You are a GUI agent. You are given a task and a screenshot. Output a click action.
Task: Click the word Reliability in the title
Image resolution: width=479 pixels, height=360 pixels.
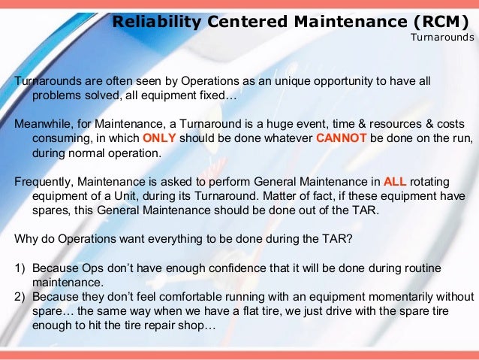(156, 22)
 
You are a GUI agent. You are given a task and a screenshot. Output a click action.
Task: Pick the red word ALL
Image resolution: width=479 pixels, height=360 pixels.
(395, 181)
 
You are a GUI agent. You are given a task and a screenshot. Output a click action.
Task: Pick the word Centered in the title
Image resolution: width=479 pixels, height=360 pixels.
(240, 22)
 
